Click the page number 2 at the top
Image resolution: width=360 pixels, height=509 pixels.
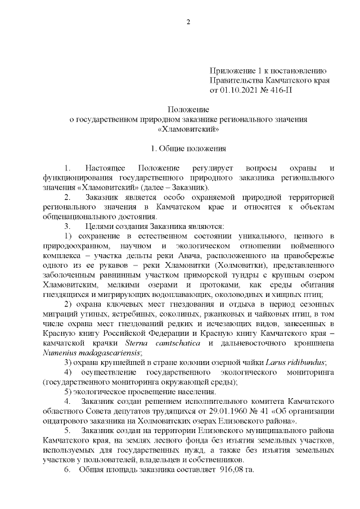pyautogui.click(x=188, y=22)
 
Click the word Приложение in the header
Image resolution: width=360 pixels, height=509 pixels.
pyautogui.click(x=232, y=70)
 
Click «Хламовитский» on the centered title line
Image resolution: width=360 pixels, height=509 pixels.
pyautogui.click(x=188, y=129)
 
